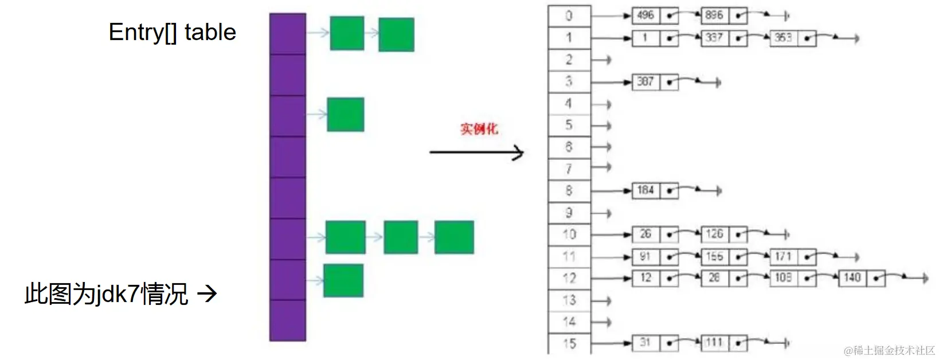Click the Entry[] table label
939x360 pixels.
(x=172, y=33)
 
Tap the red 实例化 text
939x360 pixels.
(x=479, y=129)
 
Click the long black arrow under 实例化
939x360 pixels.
(x=476, y=152)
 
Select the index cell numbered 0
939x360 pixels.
(x=569, y=16)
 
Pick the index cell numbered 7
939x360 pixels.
(x=569, y=169)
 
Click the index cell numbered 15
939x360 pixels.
(x=569, y=343)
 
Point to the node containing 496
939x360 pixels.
(x=645, y=15)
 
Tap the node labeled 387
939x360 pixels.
(x=645, y=82)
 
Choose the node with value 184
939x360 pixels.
(x=645, y=190)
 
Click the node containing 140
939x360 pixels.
(x=852, y=278)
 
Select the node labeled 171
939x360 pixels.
(x=783, y=257)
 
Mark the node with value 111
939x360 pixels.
(x=714, y=343)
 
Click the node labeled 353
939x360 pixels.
(x=783, y=38)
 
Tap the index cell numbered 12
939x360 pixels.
(x=569, y=279)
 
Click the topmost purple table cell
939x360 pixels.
(x=288, y=34)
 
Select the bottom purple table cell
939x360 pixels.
(x=288, y=320)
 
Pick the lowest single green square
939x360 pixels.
(x=343, y=280)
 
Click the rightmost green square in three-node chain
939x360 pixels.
(x=454, y=237)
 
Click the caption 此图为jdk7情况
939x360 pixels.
(x=107, y=294)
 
